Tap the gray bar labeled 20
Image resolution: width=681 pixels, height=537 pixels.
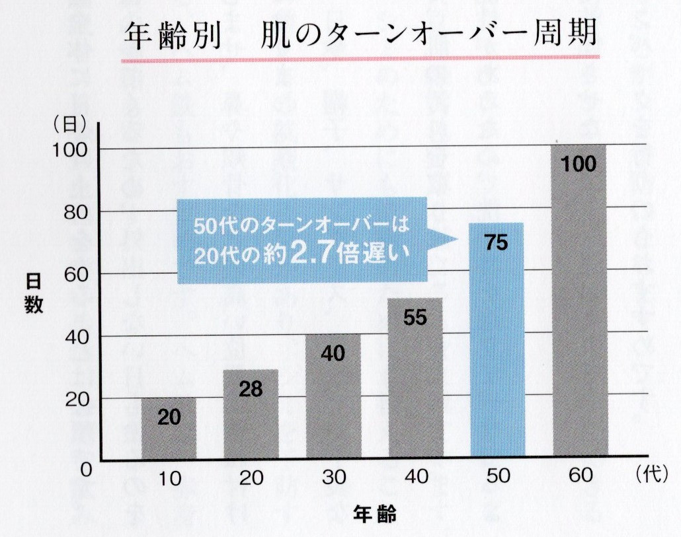click(169, 429)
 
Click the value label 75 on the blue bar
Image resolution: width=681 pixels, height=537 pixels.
click(497, 242)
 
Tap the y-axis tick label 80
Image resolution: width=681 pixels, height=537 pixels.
click(76, 212)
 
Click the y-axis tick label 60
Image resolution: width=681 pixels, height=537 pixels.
click(76, 274)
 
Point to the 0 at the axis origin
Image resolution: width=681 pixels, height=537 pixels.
click(85, 470)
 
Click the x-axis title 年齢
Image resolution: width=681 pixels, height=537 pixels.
click(374, 513)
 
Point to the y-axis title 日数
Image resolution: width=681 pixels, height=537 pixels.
click(34, 294)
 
